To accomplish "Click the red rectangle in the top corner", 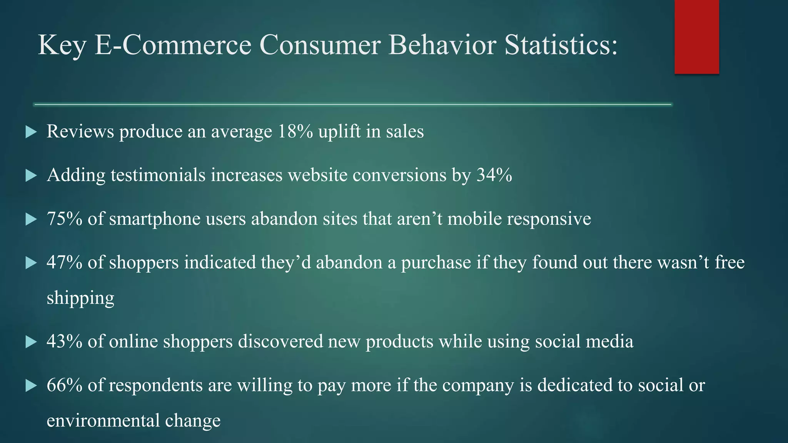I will coord(696,37).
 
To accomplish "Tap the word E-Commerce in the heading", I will coord(173,45).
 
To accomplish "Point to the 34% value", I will coord(494,175).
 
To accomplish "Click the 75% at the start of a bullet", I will coord(64,219).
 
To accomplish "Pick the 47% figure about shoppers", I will coord(64,263).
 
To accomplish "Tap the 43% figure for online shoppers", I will coord(64,341).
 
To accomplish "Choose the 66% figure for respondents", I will coord(64,385).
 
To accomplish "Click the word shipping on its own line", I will coord(80,298).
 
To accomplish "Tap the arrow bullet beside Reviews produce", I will coord(31,133).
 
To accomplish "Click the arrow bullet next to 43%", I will coord(31,342).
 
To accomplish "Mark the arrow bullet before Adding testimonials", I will coord(31,176).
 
